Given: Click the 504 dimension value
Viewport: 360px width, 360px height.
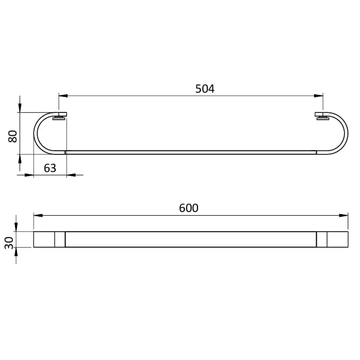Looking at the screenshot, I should (204, 89).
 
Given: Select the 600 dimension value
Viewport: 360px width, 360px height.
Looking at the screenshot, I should (189, 208).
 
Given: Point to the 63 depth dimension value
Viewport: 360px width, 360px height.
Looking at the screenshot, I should (50, 168).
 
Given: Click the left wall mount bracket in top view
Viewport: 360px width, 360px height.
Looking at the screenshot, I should (60, 116).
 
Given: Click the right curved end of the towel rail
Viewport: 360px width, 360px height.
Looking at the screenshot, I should (346, 133).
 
